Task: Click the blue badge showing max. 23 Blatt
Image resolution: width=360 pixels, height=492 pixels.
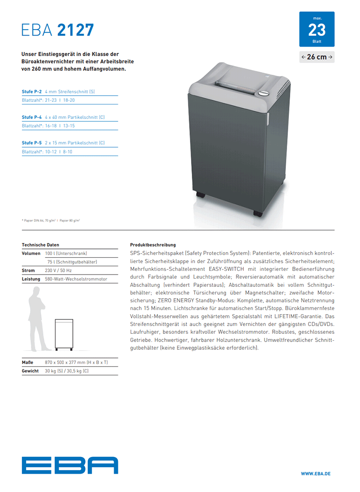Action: tap(317, 29)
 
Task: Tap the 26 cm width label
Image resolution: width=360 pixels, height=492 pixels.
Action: tap(317, 57)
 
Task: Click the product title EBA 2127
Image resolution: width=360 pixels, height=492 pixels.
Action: tap(58, 30)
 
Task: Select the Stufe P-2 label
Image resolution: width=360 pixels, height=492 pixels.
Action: tap(32, 92)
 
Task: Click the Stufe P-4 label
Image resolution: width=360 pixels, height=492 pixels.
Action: tap(32, 117)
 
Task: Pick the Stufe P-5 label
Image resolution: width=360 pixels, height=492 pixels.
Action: tap(32, 143)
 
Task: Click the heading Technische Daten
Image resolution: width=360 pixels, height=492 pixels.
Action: tap(41, 245)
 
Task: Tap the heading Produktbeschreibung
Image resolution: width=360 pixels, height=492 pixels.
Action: tap(153, 245)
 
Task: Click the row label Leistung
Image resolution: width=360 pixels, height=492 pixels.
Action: tap(31, 279)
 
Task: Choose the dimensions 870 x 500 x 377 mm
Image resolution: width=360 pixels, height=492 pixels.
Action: tap(76, 362)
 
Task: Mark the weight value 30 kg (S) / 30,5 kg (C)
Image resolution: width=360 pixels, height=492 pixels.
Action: tap(67, 371)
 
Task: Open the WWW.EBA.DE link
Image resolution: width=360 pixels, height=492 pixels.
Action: tap(315, 474)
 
